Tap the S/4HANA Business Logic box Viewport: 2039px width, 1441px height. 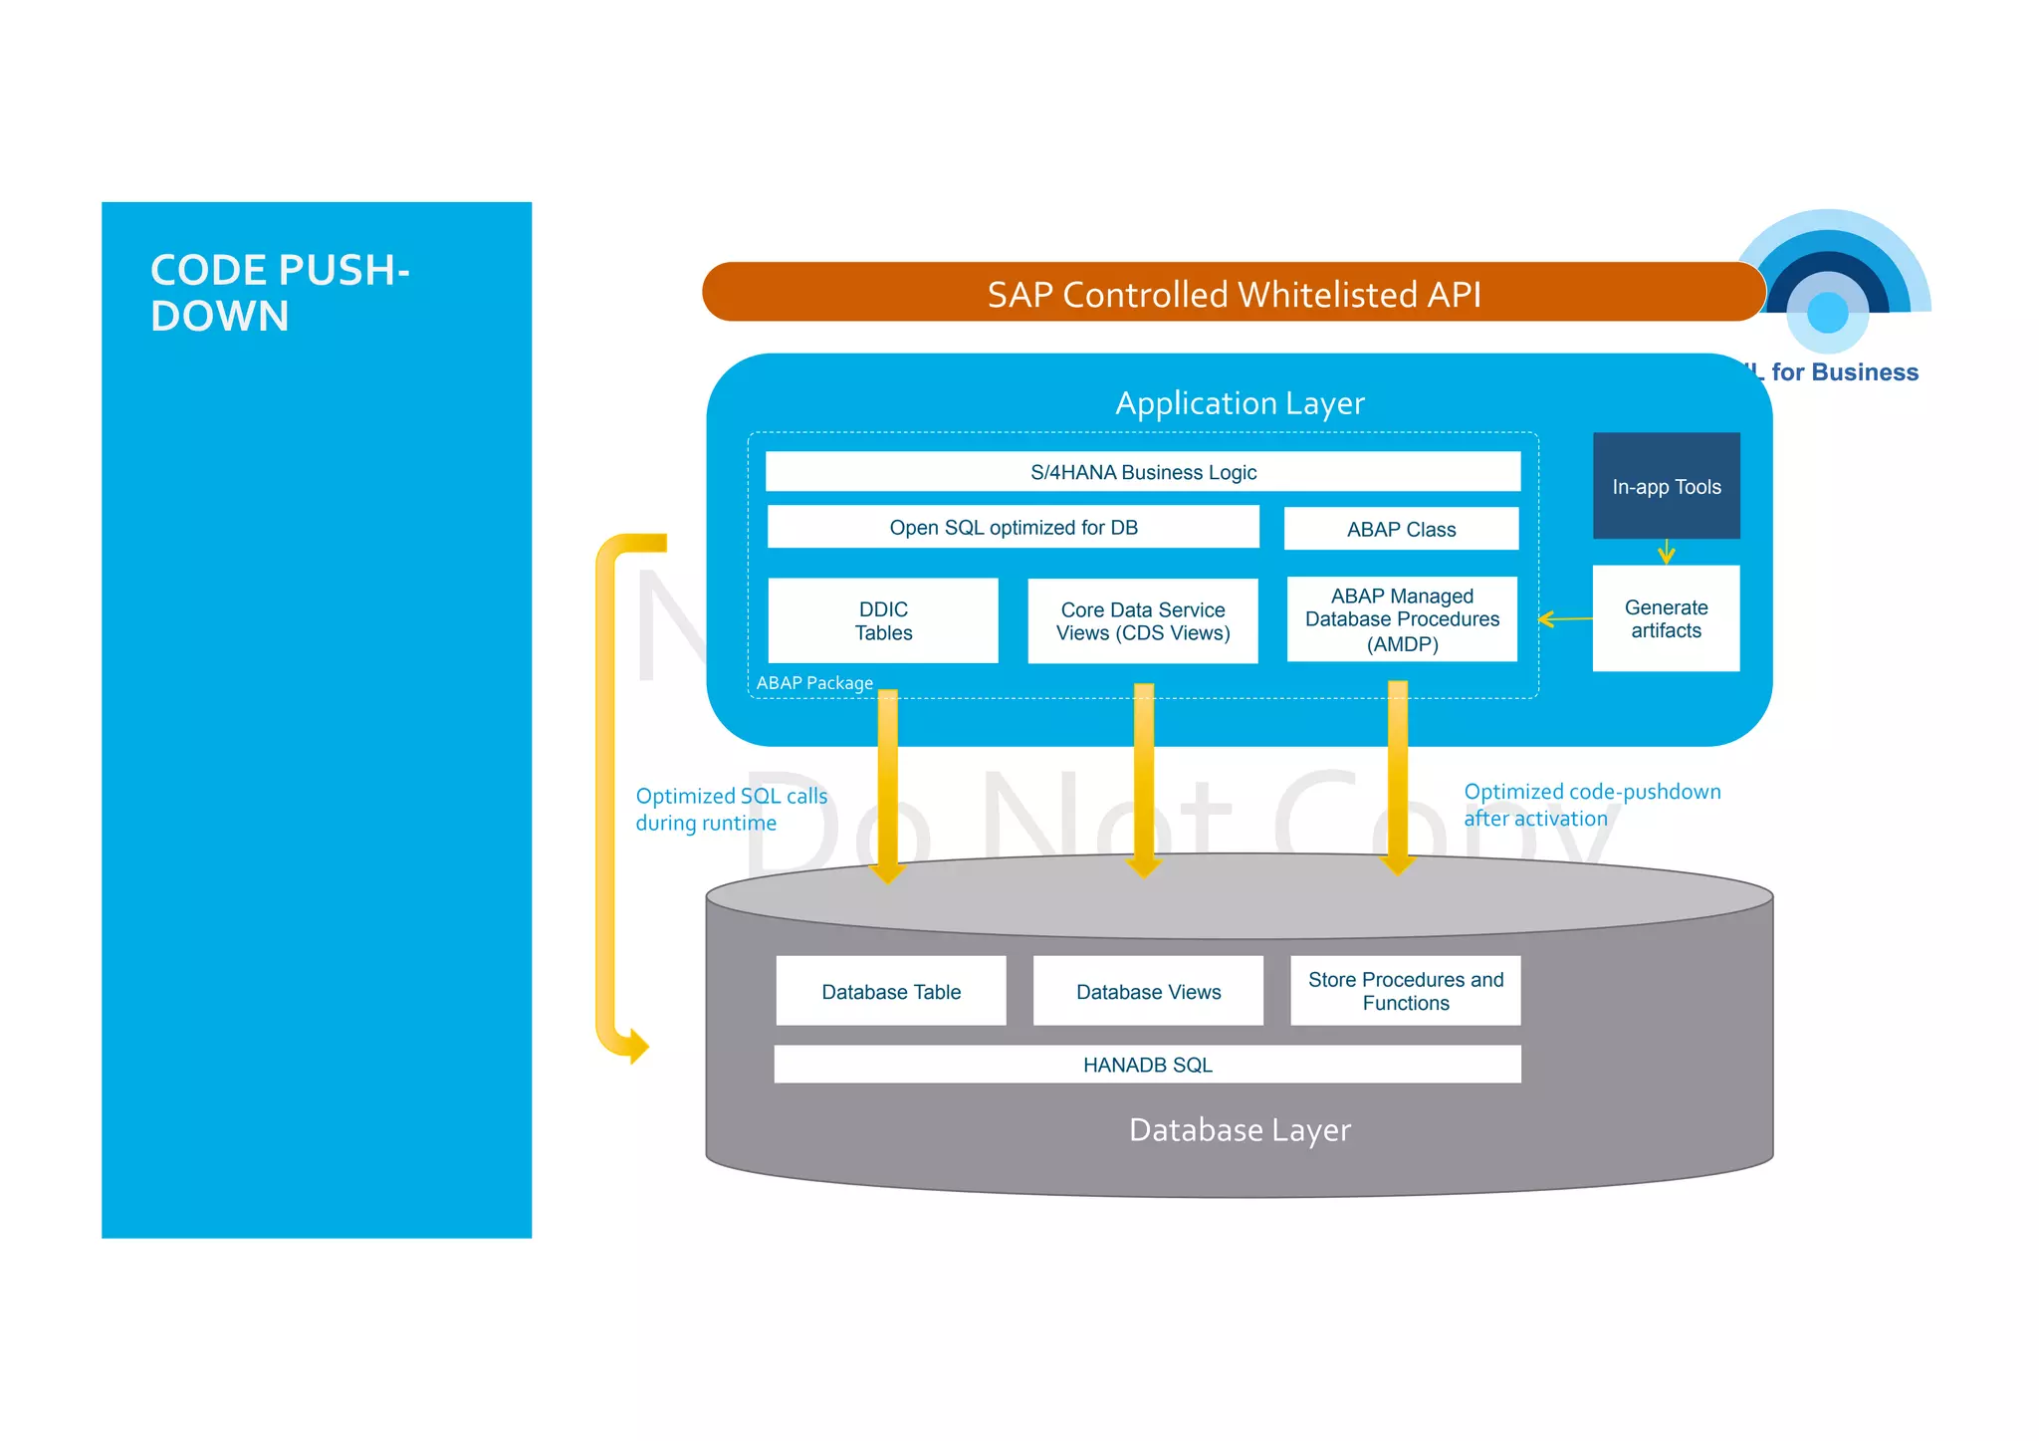pos(1142,472)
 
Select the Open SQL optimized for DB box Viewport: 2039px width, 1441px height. pos(1013,528)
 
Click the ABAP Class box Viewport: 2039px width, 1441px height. pos(1400,530)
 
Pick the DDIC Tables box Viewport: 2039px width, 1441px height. pos(883,620)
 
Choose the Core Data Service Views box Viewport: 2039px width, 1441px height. pos(1142,621)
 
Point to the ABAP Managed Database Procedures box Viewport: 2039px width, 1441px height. pos(1401,619)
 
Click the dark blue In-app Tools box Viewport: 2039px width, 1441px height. pos(1666,486)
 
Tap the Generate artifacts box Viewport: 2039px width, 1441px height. pos(1666,618)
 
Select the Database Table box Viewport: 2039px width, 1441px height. pos(891,991)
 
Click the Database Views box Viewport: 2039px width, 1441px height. pos(1148,991)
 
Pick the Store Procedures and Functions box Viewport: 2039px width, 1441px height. pos(1405,991)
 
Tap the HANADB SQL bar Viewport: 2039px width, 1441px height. pos(1147,1065)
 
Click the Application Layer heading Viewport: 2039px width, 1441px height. pos(1239,403)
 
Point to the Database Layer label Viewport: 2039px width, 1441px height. pos(1239,1130)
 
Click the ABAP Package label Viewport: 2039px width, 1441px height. pos(814,683)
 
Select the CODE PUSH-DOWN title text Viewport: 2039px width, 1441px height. pos(279,293)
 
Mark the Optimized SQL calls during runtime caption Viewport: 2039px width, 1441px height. pos(731,809)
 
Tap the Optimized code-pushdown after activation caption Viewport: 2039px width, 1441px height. pos(1591,805)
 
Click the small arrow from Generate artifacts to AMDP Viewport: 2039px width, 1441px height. pos(1565,619)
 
